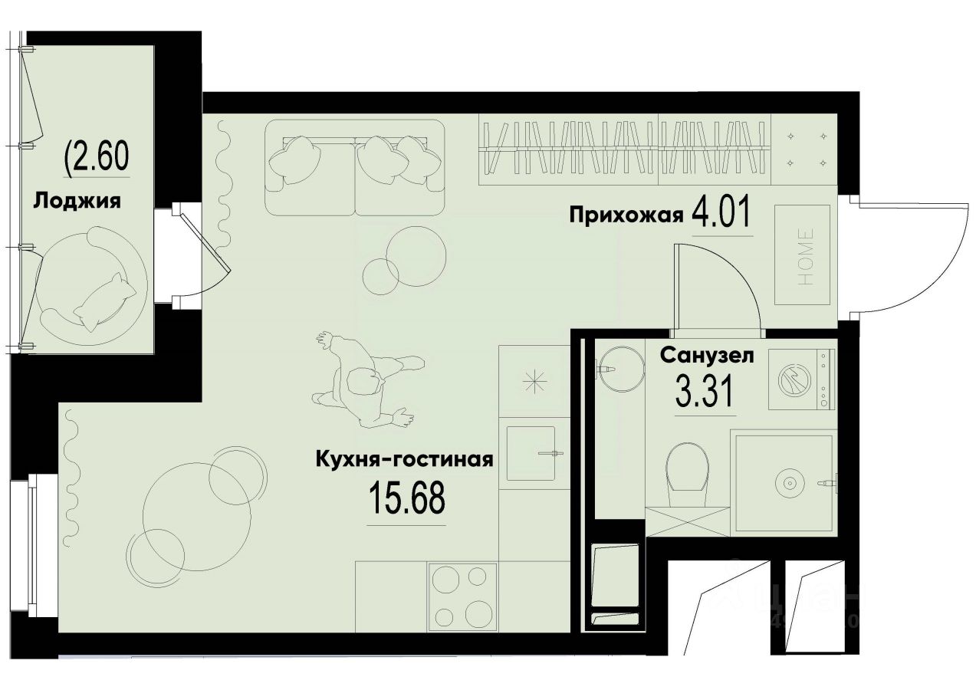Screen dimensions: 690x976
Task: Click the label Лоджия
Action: coord(77,202)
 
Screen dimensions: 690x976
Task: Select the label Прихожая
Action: coord(626,215)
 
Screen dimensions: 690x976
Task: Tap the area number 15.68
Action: coord(406,500)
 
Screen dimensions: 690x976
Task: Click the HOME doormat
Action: coord(802,255)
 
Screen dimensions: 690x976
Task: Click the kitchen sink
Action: coord(531,453)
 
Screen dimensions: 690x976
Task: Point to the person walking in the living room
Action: coord(365,380)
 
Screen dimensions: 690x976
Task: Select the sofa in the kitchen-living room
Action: coord(354,166)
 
